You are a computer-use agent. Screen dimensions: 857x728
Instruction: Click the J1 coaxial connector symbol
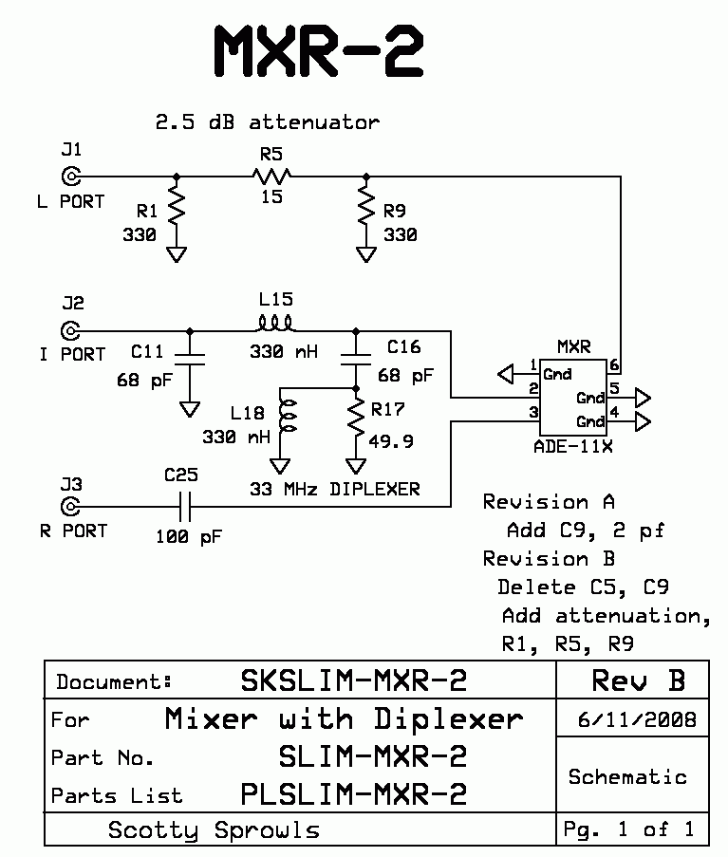pyautogui.click(x=70, y=176)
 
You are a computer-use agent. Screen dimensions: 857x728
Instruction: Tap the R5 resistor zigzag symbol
pyautogui.click(x=272, y=176)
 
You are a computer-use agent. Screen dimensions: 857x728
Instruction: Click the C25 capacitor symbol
pyautogui.click(x=186, y=506)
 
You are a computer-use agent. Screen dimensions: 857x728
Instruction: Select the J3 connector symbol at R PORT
pyautogui.click(x=70, y=506)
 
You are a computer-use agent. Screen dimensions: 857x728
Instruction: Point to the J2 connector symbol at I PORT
pyautogui.click(x=70, y=330)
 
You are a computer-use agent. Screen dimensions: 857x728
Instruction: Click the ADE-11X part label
pyautogui.click(x=574, y=446)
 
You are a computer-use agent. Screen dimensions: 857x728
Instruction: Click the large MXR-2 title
pyautogui.click(x=318, y=52)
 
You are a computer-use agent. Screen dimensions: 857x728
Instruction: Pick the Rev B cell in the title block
pyautogui.click(x=638, y=680)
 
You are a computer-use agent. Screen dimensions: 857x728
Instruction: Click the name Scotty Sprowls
pyautogui.click(x=214, y=830)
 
